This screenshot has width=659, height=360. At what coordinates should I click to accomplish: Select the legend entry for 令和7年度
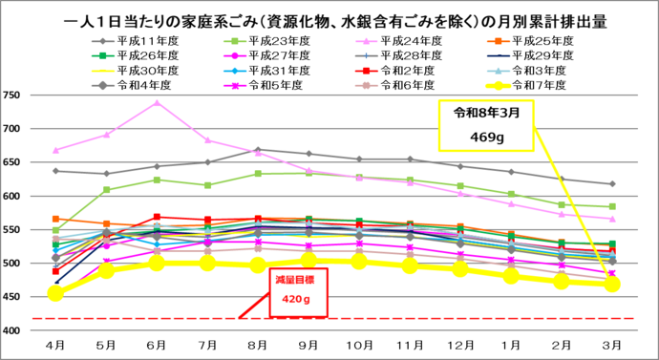[x=535, y=85]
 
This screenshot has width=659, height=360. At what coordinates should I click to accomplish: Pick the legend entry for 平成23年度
[x=272, y=41]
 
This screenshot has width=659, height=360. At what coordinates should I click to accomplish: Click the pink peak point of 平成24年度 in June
[x=157, y=103]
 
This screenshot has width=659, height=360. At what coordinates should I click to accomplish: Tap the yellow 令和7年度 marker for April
[x=55, y=293]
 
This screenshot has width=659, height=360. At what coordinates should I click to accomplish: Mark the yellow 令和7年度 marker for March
[x=612, y=284]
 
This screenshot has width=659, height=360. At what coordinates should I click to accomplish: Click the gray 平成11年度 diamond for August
[x=257, y=150]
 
